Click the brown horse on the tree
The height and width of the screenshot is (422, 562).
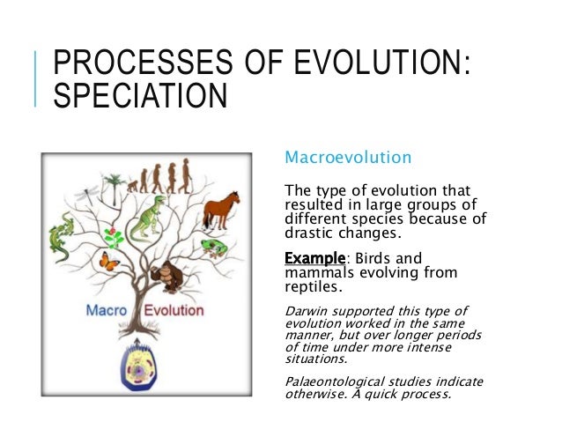pyautogui.click(x=222, y=211)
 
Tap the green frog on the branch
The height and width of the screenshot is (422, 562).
pyautogui.click(x=213, y=246)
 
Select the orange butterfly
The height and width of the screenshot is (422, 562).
pyautogui.click(x=110, y=261)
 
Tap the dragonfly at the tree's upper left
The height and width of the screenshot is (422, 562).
pyautogui.click(x=88, y=190)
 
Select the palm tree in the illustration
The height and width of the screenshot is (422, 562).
pyautogui.click(x=112, y=188)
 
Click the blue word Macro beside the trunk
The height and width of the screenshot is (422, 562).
pyautogui.click(x=105, y=310)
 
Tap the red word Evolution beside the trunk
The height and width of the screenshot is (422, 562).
pyautogui.click(x=174, y=310)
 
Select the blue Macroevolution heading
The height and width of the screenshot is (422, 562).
pyautogui.click(x=347, y=159)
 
